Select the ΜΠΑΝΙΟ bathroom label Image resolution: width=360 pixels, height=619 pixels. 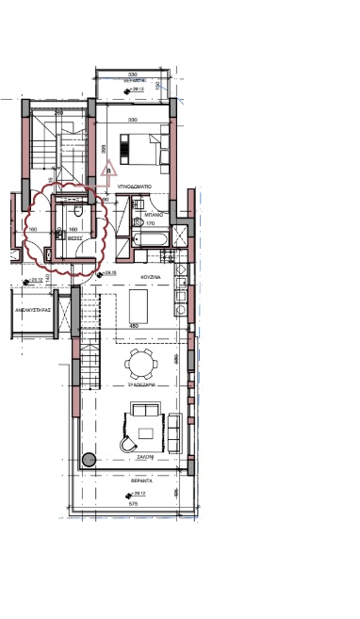(x=143, y=215)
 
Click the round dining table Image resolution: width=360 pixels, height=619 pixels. (x=141, y=363)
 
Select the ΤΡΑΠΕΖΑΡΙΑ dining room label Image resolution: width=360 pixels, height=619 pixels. (x=140, y=386)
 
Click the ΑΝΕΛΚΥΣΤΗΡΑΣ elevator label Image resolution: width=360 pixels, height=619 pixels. (x=29, y=309)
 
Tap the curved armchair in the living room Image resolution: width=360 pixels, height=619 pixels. (x=126, y=444)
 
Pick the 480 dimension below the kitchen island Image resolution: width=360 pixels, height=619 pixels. (x=134, y=327)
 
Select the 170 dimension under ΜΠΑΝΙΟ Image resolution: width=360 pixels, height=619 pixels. (x=150, y=224)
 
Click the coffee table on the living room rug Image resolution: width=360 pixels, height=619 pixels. (x=145, y=433)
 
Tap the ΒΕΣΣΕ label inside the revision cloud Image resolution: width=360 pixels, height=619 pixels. (x=73, y=238)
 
